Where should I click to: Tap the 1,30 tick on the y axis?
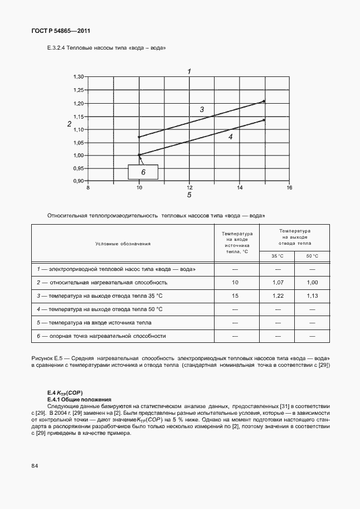pos(79,77)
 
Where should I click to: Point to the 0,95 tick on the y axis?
pos(79,168)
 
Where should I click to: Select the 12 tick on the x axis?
pos(189,188)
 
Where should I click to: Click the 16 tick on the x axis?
pos(289,188)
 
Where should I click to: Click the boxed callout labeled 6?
pos(143,172)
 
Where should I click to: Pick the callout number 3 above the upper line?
pos(202,110)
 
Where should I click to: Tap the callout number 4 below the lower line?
pos(230,135)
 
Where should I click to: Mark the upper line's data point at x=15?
pos(264,101)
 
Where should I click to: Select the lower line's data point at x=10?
pos(139,155)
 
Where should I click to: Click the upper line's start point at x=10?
pos(139,137)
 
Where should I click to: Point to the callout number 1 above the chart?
pos(189,71)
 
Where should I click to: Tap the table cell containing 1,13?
pos(312,296)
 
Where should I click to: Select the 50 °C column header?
pos(312,256)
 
